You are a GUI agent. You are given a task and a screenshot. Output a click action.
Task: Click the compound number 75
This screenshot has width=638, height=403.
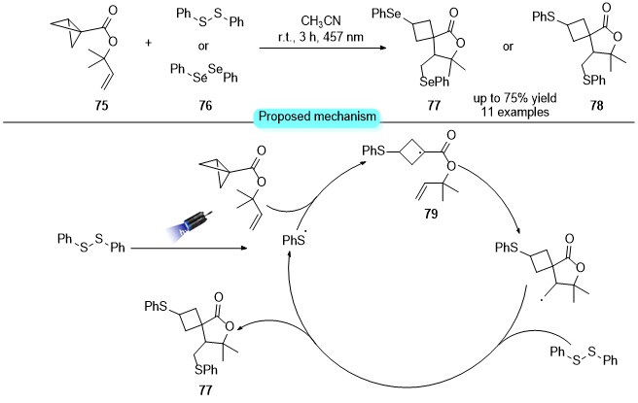[102, 106]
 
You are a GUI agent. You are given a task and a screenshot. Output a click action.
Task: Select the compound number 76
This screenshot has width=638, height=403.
[205, 106]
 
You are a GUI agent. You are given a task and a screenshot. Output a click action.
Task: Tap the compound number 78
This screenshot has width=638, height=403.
[596, 106]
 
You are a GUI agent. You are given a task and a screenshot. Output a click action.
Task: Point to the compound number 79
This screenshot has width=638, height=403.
[431, 214]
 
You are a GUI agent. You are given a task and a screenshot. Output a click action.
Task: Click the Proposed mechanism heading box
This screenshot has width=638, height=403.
[317, 117]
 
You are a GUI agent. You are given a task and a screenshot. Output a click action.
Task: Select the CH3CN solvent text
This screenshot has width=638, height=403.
[321, 21]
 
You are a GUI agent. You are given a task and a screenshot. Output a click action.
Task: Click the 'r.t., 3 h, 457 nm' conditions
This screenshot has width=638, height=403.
[320, 37]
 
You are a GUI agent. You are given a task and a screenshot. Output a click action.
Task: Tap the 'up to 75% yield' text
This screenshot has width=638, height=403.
[514, 98]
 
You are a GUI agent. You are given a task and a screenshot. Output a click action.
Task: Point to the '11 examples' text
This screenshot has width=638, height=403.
[515, 112]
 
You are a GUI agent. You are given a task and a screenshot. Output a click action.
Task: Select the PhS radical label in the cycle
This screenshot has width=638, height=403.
[294, 241]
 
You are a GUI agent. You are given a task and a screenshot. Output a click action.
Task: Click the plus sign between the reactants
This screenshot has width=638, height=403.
[148, 43]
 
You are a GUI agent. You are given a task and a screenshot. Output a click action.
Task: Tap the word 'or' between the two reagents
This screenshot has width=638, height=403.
[203, 47]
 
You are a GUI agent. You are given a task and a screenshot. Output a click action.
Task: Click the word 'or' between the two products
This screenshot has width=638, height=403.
[508, 47]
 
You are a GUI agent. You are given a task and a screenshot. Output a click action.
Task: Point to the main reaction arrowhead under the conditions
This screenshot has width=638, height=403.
[382, 48]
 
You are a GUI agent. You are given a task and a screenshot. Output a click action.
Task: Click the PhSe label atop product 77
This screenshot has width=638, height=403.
[386, 15]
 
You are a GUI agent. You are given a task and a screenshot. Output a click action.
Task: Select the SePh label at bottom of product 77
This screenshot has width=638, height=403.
[435, 82]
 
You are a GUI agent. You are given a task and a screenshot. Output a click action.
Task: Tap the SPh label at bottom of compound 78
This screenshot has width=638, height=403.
[594, 80]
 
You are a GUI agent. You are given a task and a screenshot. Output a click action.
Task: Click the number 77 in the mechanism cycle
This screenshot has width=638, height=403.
[205, 390]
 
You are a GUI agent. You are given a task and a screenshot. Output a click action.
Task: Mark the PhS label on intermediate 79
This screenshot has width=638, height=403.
[373, 151]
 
